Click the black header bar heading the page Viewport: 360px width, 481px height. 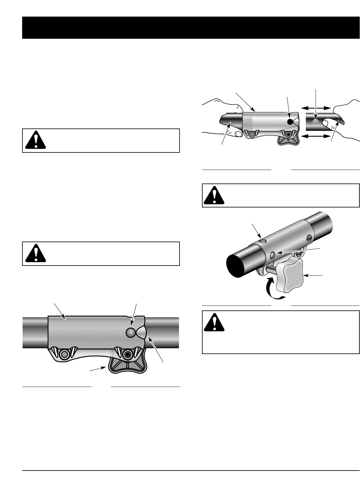click(191, 28)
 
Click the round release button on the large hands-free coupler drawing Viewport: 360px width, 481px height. click(131, 333)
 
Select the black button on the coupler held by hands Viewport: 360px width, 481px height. click(290, 122)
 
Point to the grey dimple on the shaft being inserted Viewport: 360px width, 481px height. click(315, 122)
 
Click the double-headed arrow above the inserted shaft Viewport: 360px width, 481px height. click(316, 108)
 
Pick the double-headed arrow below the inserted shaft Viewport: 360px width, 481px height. click(316, 136)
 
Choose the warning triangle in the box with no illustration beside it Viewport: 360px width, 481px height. click(36, 140)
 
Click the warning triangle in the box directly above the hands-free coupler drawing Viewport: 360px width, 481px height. click(36, 254)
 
